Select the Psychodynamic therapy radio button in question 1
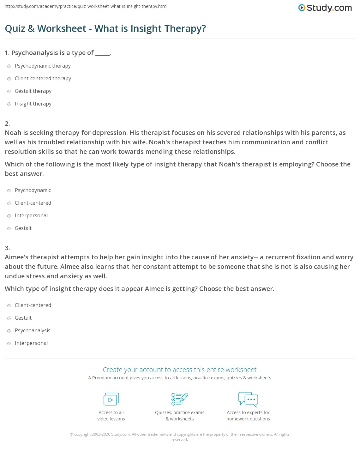click(9, 66)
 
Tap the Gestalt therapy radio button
click(9, 91)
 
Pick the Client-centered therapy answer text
click(43, 78)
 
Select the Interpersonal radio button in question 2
click(9, 216)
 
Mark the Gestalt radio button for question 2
click(9, 228)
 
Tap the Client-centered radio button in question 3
click(9, 305)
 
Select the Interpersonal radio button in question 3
click(9, 343)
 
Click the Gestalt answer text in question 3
click(23, 318)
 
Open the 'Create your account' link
click(179, 370)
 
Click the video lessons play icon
click(111, 399)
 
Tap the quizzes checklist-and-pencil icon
click(179, 399)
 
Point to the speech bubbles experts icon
click(248, 399)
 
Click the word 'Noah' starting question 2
click(13, 133)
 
